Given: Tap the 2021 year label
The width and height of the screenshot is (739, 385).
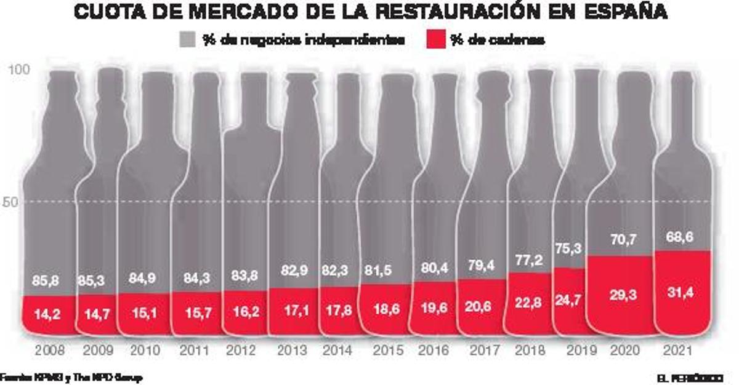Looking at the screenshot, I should pyautogui.click(x=682, y=351).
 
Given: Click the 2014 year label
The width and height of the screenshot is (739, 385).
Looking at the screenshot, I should pyautogui.click(x=337, y=351).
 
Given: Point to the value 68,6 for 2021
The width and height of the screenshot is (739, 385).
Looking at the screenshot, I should pyautogui.click(x=682, y=236).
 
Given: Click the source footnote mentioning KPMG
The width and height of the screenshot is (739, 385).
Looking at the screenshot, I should pyautogui.click(x=71, y=377).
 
